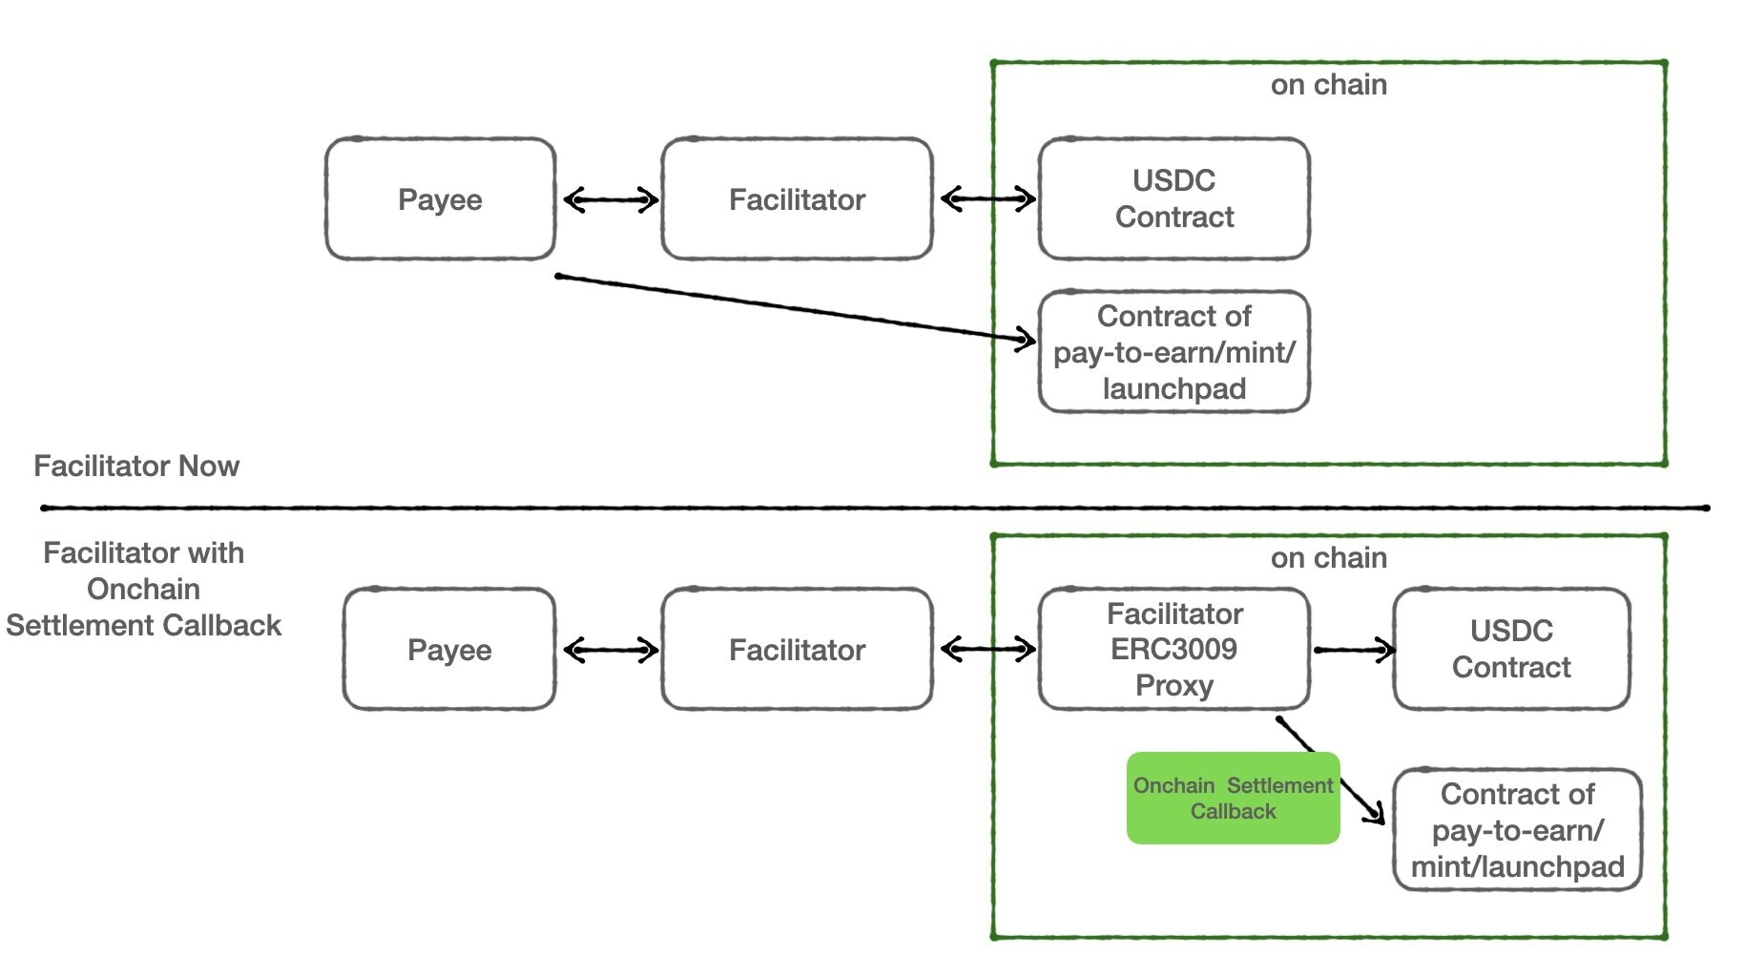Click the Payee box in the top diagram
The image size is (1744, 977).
coord(440,199)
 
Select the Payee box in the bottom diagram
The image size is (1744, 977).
coord(448,650)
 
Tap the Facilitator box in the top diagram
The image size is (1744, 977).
coord(797,199)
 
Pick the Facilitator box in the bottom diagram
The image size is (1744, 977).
coord(797,650)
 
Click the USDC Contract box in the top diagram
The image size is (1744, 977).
coord(1173,198)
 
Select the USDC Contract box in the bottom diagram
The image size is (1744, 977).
coord(1511,649)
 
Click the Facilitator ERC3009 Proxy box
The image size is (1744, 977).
coord(1173,649)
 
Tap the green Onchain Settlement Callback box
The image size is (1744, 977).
coord(1233,799)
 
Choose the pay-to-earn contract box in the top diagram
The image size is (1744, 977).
coord(1173,352)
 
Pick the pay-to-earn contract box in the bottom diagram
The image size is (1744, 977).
coord(1517,830)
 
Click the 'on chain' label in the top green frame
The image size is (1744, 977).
coord(1328,85)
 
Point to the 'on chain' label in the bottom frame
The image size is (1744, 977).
coord(1328,558)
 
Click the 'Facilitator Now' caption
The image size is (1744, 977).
coord(136,467)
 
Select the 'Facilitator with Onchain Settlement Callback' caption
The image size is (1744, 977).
coord(144,589)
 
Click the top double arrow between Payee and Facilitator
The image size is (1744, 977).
coord(611,200)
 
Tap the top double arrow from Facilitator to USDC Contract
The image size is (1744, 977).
coord(987,199)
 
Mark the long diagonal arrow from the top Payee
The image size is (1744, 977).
coord(792,307)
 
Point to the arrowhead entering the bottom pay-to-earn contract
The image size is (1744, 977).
coord(1376,814)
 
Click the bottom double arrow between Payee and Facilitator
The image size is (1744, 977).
coord(611,651)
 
